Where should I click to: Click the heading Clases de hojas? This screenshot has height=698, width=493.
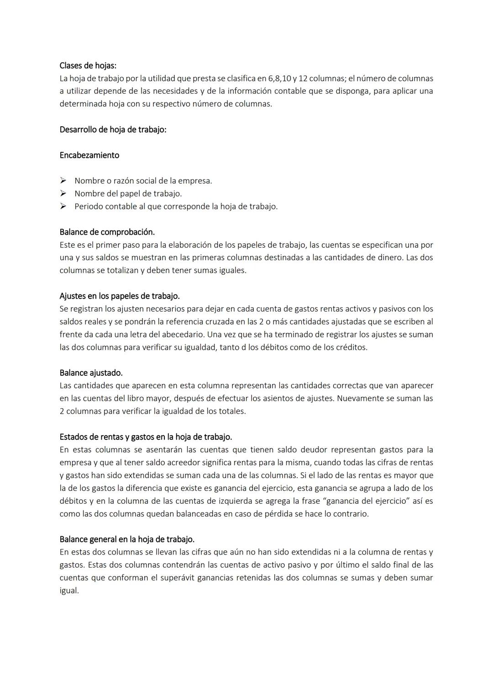point(88,65)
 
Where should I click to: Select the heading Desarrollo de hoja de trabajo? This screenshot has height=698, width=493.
point(113,129)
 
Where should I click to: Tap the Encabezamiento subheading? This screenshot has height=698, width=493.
point(89,155)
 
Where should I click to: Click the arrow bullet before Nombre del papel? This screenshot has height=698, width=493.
point(63,193)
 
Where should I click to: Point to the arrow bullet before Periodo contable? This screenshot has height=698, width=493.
point(63,206)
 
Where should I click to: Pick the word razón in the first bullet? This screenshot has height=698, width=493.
point(119,181)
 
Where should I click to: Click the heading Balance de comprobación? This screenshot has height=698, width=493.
point(107,232)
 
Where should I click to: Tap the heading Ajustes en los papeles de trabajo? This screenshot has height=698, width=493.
point(119,296)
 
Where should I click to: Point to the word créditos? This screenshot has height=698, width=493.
point(351,347)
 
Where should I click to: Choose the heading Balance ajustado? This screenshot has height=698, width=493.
point(91,373)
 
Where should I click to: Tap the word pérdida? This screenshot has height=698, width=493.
point(278,513)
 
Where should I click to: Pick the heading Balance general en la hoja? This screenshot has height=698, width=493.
point(127,539)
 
